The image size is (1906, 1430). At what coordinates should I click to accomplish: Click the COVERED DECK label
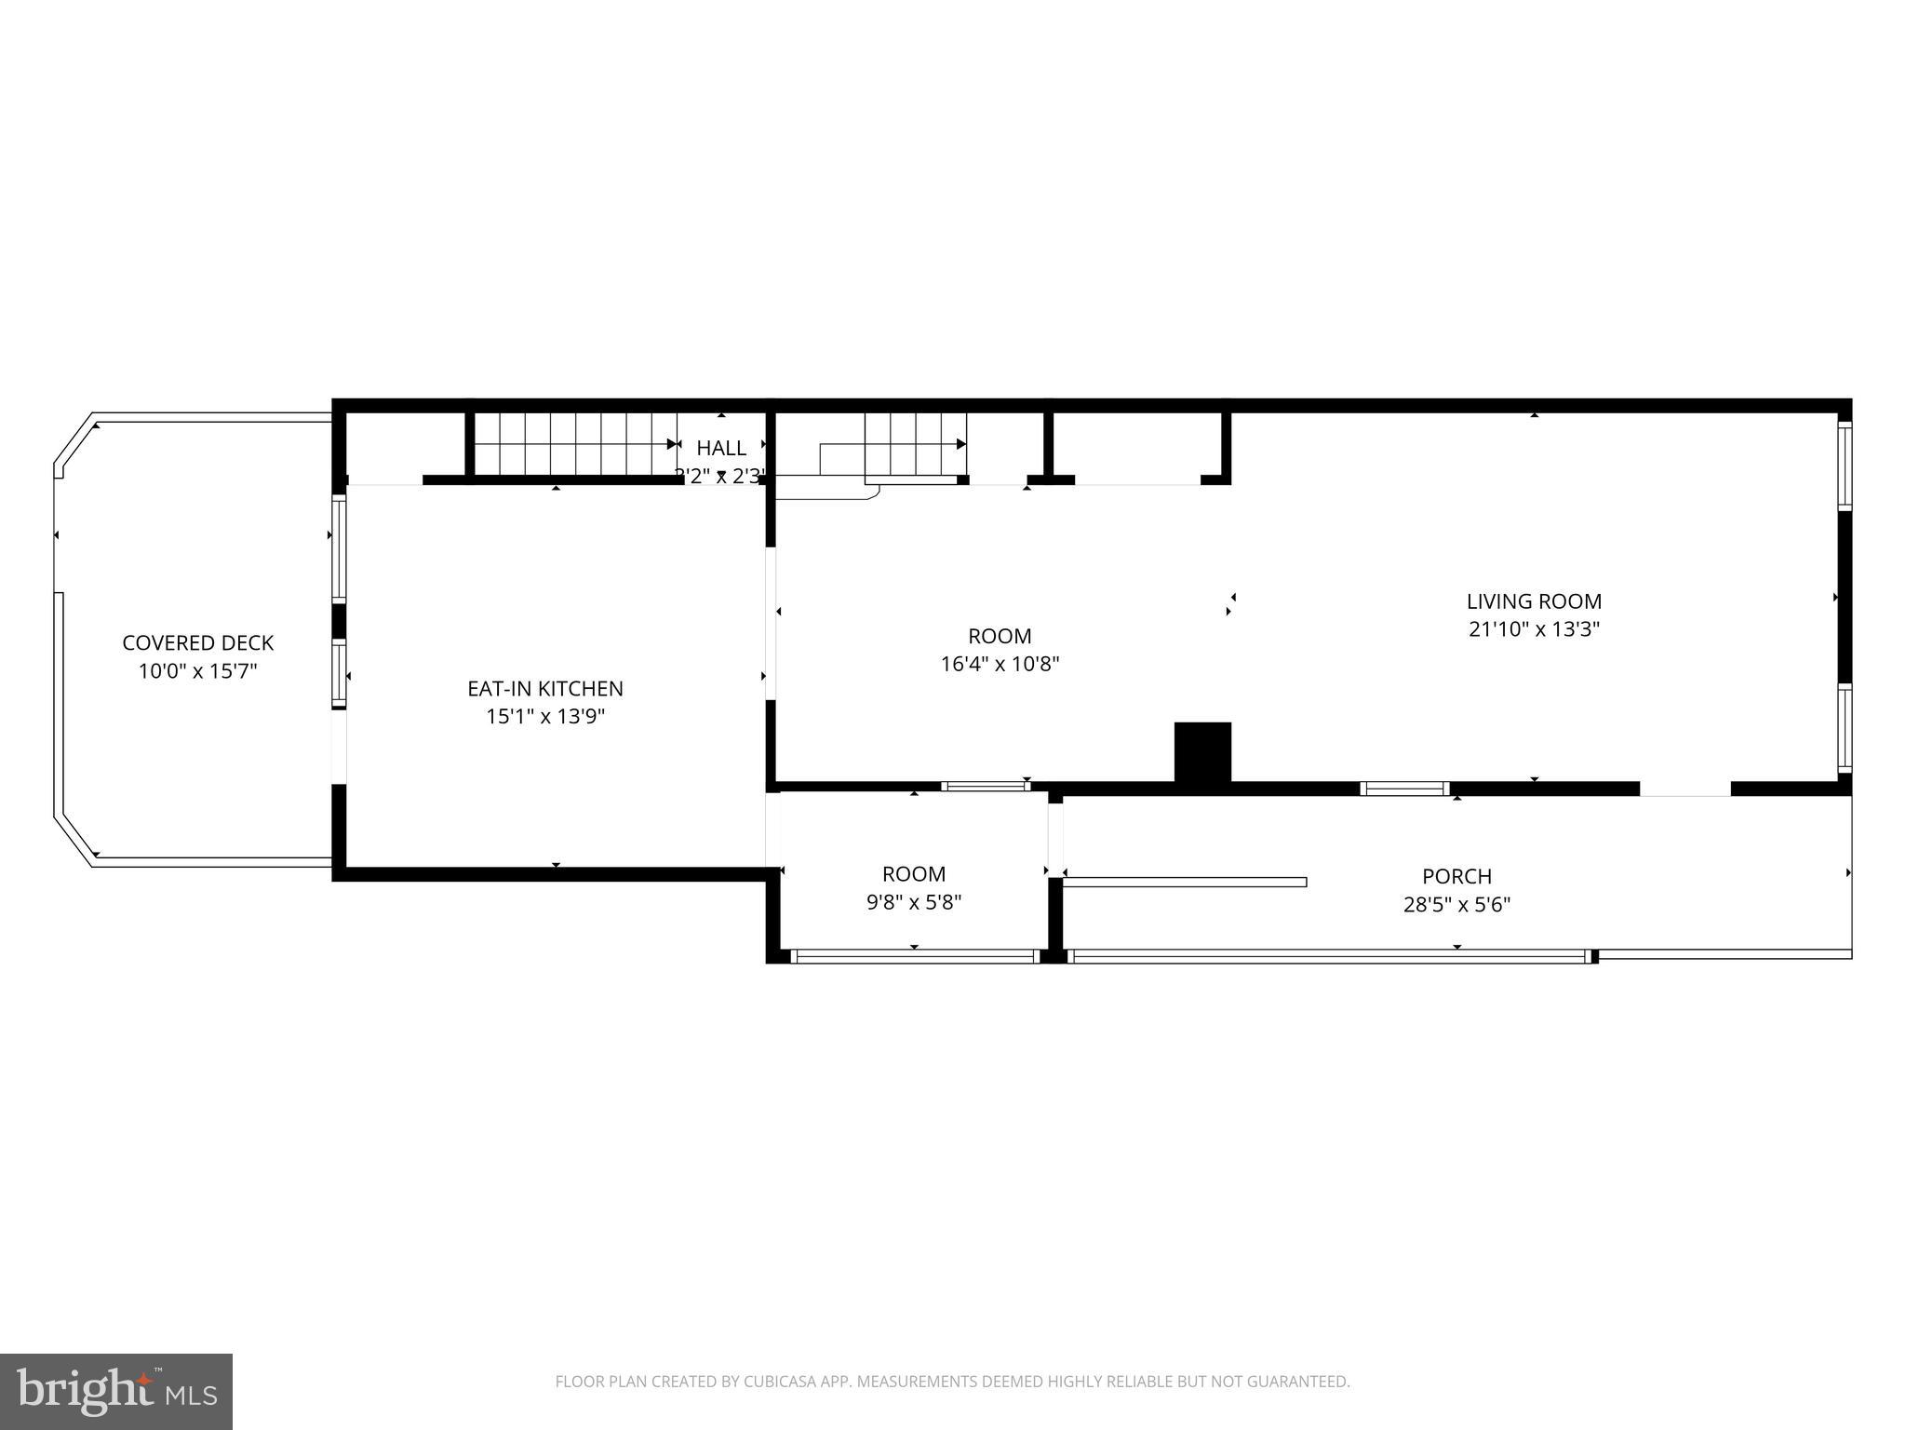(x=198, y=643)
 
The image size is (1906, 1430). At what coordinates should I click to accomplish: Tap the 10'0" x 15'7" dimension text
(x=198, y=671)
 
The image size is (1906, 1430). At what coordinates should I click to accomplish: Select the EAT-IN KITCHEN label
(x=545, y=689)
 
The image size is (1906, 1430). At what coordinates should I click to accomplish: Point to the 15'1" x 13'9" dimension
(x=545, y=717)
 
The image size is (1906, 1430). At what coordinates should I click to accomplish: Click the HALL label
(x=721, y=448)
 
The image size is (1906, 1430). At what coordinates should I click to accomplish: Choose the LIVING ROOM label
(x=1534, y=601)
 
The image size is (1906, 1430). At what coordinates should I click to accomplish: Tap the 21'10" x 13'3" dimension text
(x=1534, y=629)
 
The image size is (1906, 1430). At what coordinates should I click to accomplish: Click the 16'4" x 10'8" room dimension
(x=1000, y=665)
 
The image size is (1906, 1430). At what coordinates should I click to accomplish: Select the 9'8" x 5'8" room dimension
(x=914, y=902)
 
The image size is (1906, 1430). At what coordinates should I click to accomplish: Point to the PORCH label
(x=1456, y=876)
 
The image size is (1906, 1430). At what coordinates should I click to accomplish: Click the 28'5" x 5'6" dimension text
(x=1456, y=904)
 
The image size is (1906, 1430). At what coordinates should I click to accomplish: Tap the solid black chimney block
(x=1202, y=752)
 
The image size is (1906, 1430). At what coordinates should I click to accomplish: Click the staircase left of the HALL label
(x=572, y=444)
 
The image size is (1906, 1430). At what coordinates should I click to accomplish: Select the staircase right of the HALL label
(x=914, y=445)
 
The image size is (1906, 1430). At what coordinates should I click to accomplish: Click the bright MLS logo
(x=116, y=1391)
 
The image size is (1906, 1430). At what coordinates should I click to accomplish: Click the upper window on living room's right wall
(x=1845, y=465)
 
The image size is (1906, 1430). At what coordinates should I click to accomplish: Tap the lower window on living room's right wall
(x=1845, y=729)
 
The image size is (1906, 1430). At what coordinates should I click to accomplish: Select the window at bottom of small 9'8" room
(x=914, y=956)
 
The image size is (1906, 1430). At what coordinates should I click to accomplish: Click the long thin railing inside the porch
(x=1184, y=882)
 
